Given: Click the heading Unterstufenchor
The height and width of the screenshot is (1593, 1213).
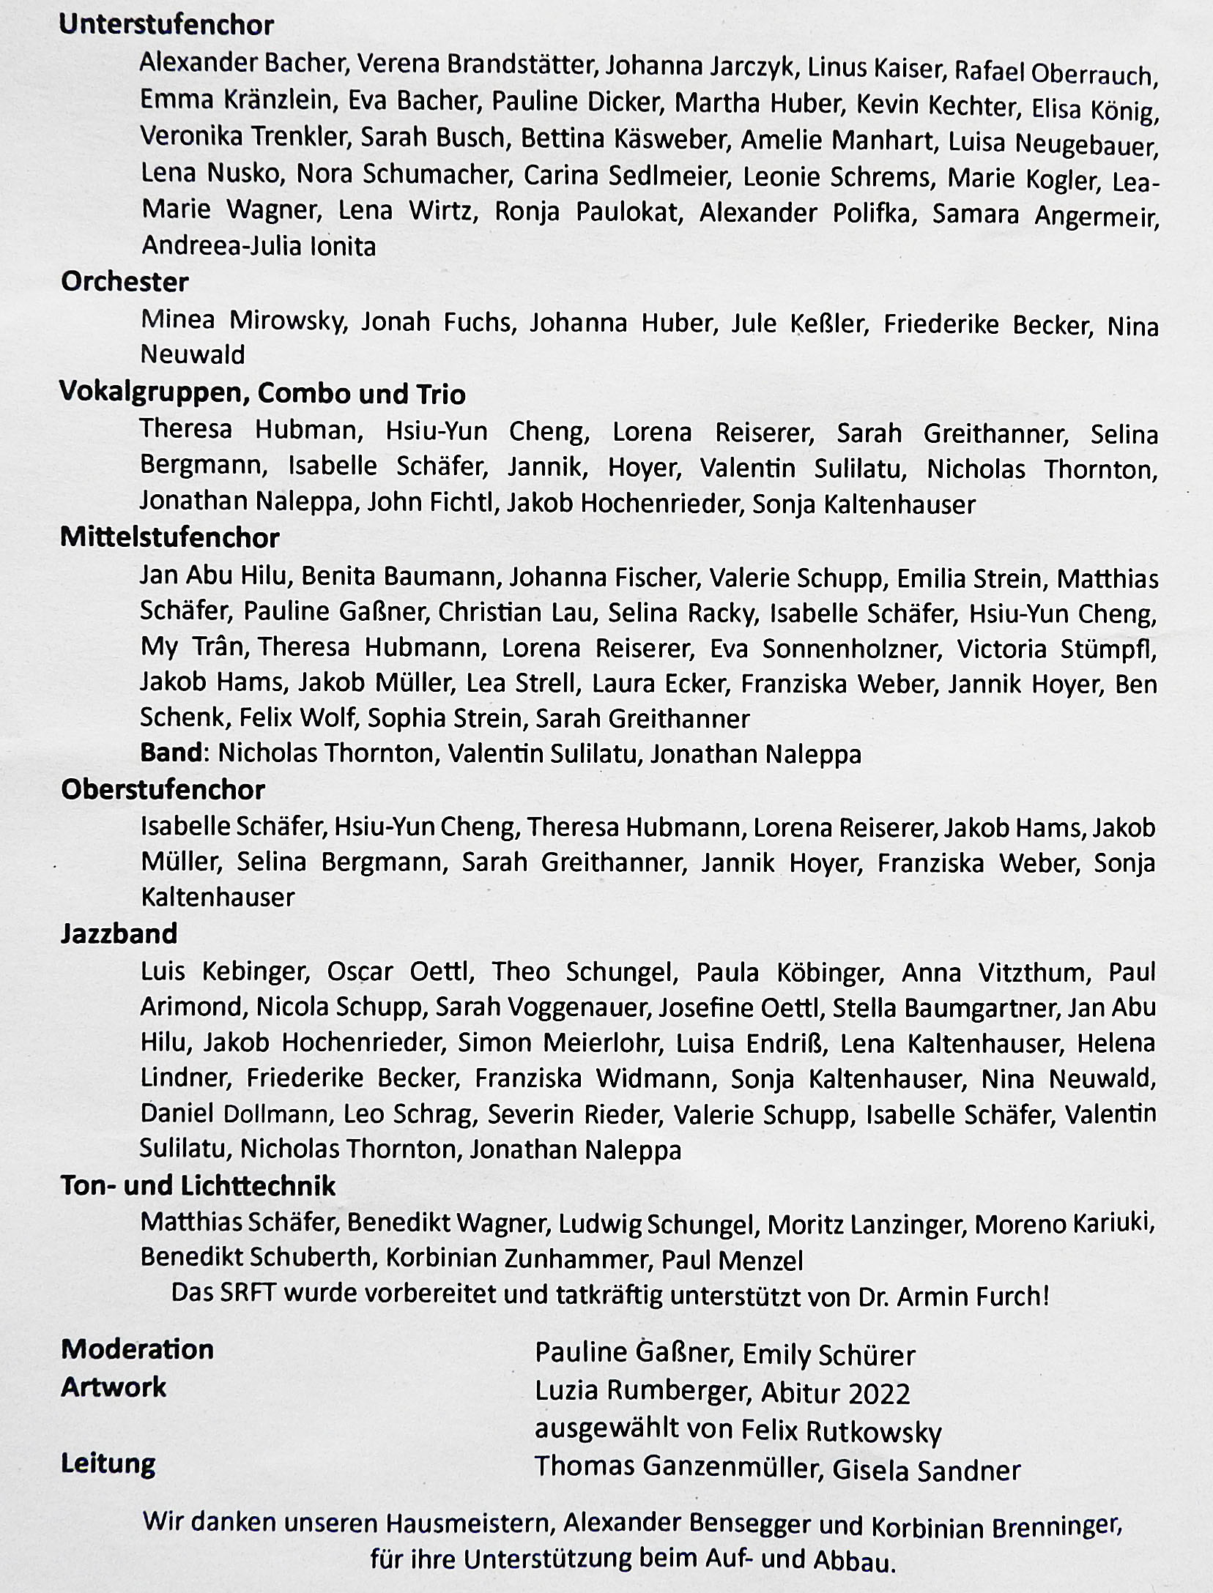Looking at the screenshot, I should coord(166,26).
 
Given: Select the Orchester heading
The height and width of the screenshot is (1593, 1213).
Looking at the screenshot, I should coord(125,282).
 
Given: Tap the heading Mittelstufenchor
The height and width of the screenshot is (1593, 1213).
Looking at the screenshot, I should coord(170,538).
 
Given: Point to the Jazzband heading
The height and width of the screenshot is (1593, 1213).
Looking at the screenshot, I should coord(119,933).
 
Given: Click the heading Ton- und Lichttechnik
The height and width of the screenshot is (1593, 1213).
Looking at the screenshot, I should coord(198,1185).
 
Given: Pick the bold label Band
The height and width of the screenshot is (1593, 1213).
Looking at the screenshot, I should coord(171,753).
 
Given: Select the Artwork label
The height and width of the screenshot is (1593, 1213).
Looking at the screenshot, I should coord(114,1387).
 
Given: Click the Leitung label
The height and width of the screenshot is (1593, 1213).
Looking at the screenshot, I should coord(108,1463).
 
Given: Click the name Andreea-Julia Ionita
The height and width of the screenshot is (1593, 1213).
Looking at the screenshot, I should coord(259,246).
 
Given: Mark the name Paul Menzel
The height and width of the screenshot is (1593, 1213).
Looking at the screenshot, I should coord(732,1260).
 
